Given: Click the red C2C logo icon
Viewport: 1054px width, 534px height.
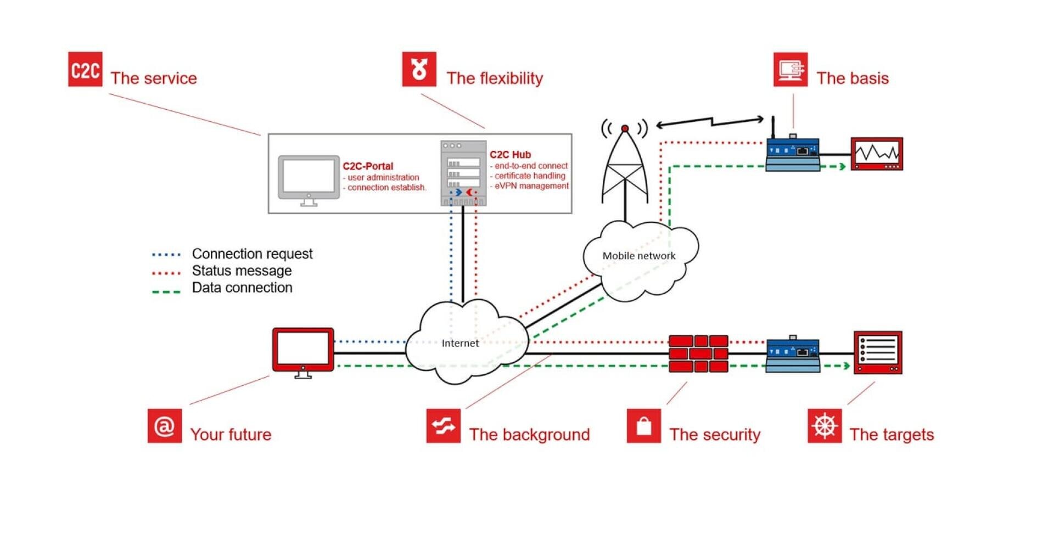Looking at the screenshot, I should point(85,69).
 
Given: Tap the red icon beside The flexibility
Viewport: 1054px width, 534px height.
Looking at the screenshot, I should point(419,69).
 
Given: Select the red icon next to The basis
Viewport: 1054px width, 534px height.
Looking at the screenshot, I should point(790,70).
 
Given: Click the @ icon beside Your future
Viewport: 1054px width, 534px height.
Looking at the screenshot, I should point(164,425).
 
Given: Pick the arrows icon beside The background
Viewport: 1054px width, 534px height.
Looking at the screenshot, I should point(443,425).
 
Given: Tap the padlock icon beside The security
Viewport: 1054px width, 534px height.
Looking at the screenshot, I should point(644,425).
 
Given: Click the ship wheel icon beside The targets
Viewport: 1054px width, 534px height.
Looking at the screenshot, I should point(825,425).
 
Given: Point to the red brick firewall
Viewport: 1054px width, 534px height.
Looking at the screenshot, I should point(698,354).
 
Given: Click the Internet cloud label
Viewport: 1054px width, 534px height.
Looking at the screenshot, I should point(460,343).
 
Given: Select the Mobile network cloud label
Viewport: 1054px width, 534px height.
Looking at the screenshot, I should point(639,256).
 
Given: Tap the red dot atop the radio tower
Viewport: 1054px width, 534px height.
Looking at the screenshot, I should point(625,128).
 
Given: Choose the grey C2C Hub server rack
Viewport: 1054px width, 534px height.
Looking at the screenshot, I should point(463,173).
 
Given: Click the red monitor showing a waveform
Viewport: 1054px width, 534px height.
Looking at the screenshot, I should point(877,154).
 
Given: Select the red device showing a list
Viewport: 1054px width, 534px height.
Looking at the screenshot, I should point(878,352).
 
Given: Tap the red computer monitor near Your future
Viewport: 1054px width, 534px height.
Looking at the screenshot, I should point(303,351).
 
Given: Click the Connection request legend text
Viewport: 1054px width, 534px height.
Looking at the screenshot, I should point(252,254).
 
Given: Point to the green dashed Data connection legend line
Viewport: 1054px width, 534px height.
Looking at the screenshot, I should point(166,291).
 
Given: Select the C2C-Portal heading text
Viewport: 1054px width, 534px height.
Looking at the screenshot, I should point(368,166).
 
